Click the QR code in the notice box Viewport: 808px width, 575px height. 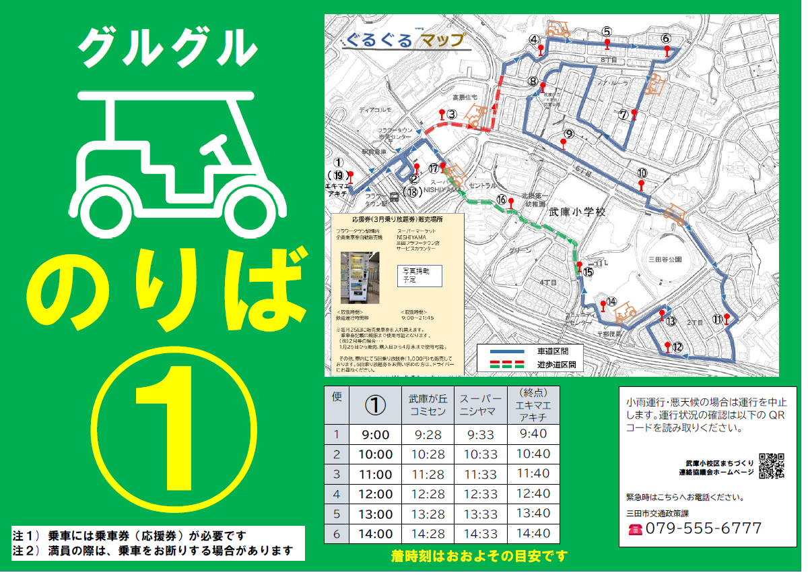(771, 466)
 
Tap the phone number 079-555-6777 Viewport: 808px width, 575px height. (704, 528)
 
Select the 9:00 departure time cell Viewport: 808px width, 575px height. (375, 435)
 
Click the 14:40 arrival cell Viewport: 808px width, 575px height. (533, 533)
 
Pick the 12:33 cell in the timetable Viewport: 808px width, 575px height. (480, 494)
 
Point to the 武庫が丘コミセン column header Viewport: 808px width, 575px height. (428, 406)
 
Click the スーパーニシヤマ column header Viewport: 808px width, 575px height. (480, 406)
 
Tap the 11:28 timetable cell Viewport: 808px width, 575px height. (428, 475)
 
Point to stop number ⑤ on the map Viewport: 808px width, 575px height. (607, 32)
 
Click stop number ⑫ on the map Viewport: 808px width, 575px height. (677, 348)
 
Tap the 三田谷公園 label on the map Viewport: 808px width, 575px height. (665, 259)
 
